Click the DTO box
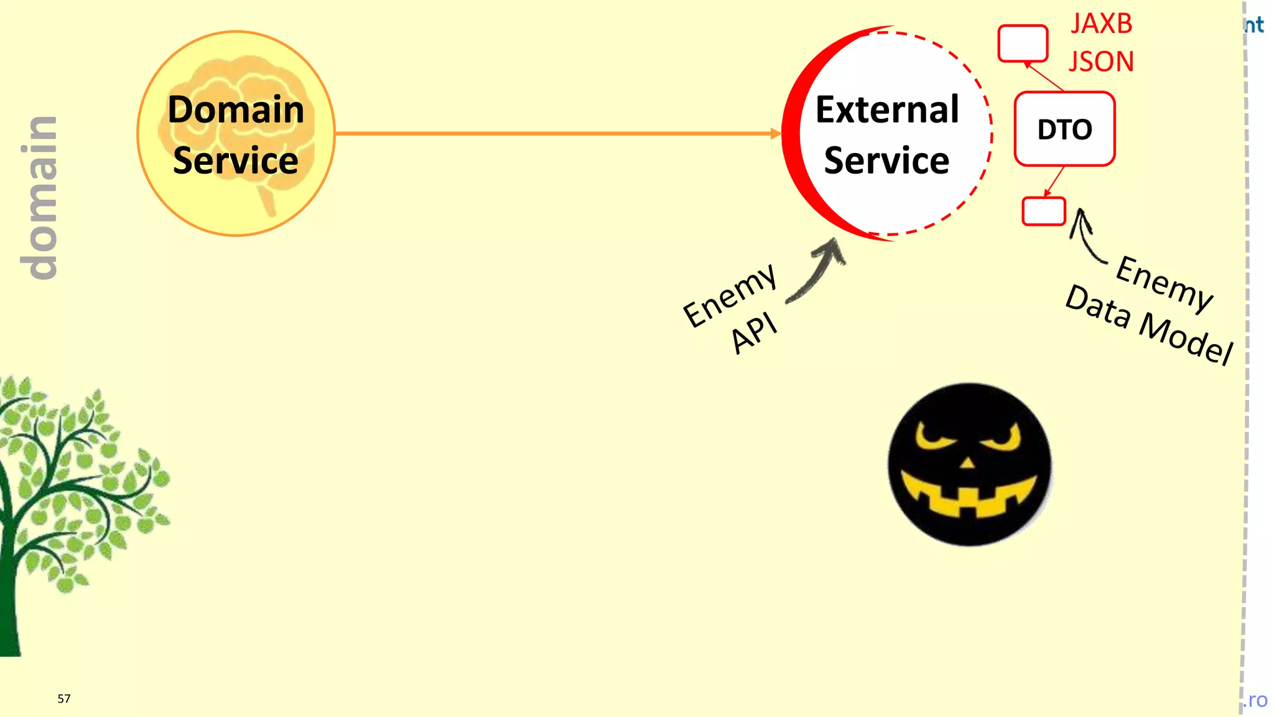tap(1064, 129)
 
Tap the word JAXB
tap(1102, 24)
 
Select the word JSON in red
tap(1101, 62)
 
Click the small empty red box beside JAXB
tap(1023, 43)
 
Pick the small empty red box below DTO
tap(1044, 211)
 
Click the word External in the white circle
tap(887, 110)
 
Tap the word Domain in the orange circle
tap(236, 110)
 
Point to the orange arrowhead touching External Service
tap(775, 133)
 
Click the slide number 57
tap(64, 698)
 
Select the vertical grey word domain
tap(39, 197)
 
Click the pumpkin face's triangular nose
tap(967, 462)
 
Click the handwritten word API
tap(754, 332)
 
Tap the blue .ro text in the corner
tap(1256, 700)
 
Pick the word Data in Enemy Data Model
tap(1098, 306)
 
